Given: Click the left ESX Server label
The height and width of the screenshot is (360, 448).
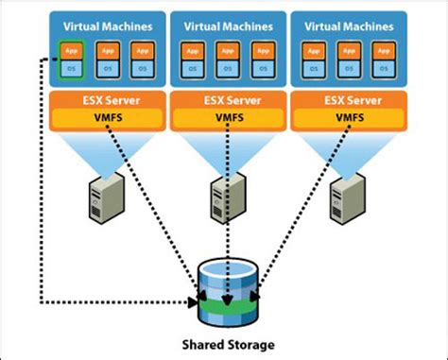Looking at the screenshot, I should [101, 99].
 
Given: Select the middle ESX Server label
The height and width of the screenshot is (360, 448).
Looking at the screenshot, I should [223, 99].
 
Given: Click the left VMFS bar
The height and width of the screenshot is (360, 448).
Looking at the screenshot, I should [101, 119].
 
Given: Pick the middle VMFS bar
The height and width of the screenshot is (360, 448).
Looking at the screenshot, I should [223, 119].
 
